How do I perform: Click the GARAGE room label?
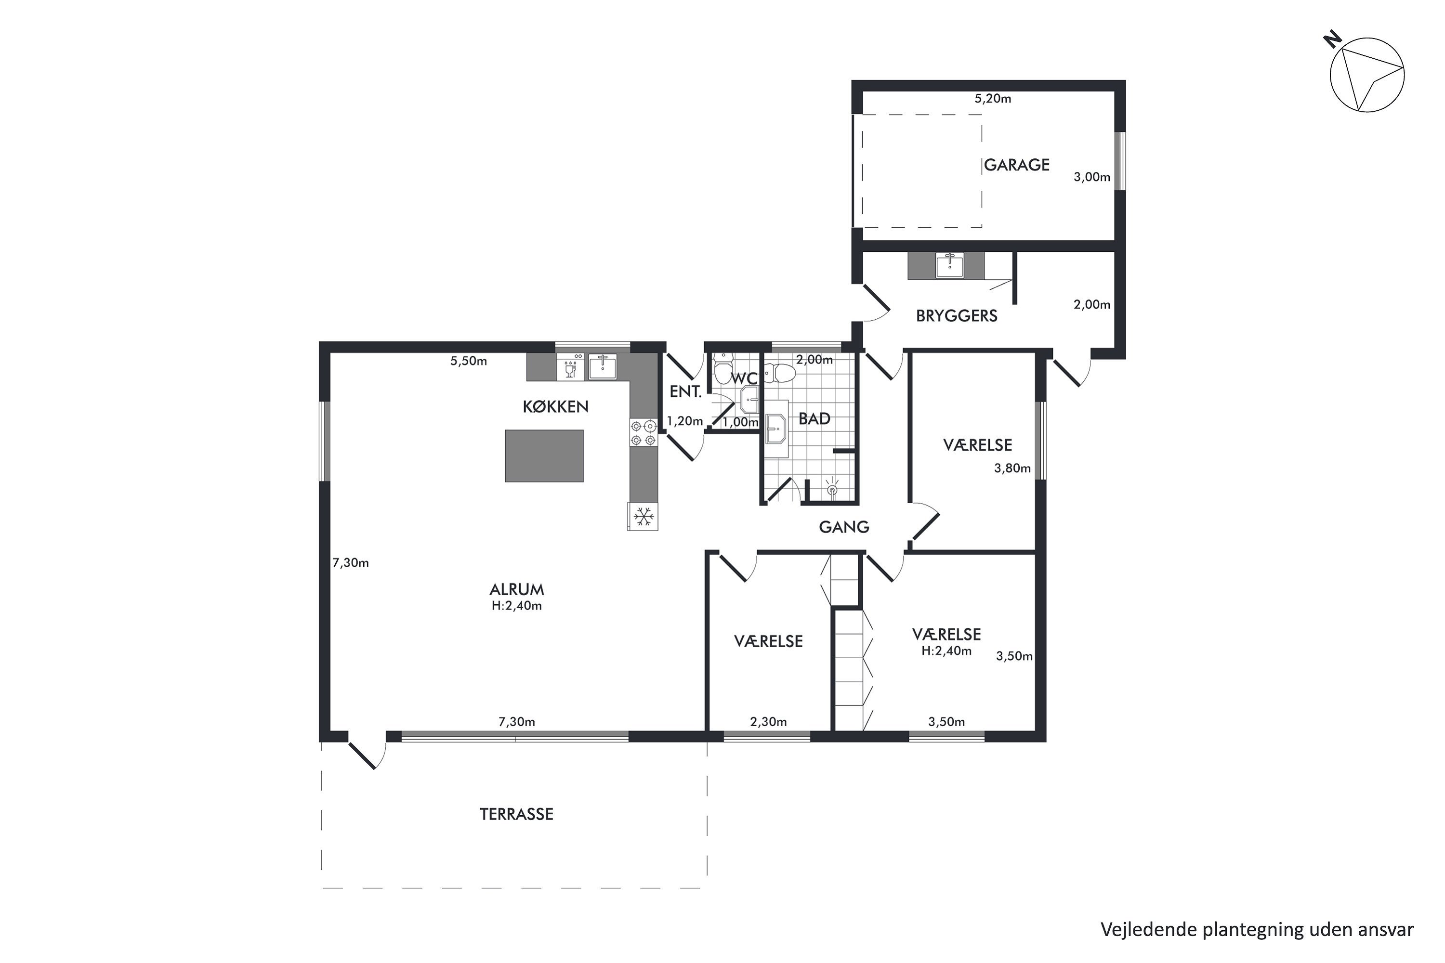[1017, 165]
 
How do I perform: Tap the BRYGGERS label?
[957, 316]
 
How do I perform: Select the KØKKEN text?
[555, 406]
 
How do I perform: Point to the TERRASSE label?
[516, 814]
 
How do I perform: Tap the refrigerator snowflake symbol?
[643, 517]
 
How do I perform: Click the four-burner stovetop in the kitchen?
[643, 432]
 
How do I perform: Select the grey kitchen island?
[544, 455]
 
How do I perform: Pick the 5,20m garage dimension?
[993, 98]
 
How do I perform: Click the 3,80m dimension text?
[1012, 468]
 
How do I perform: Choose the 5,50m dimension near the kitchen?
[469, 361]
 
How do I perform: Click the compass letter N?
[1332, 40]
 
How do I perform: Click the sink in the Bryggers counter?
[950, 265]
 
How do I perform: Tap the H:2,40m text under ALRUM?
[517, 606]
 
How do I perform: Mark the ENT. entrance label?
[685, 392]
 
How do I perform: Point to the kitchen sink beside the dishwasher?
[603, 366]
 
